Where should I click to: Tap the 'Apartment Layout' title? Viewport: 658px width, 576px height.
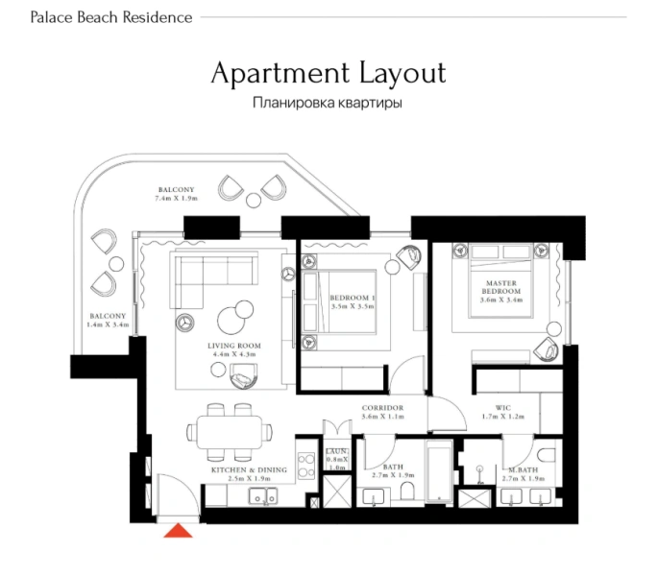[x=328, y=73]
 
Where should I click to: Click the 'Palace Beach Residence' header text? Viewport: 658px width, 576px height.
[x=111, y=17]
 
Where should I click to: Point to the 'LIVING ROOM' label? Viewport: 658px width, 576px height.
[x=230, y=345]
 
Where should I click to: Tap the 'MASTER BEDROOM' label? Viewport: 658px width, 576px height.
[x=501, y=287]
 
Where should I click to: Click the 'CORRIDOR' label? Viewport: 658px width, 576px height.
[x=381, y=408]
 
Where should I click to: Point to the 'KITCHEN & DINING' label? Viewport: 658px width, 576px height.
[x=249, y=469]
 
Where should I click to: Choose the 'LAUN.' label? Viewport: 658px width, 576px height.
[x=336, y=451]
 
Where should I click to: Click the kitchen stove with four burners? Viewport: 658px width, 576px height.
[x=306, y=465]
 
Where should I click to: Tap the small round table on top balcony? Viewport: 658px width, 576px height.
[x=254, y=200]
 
